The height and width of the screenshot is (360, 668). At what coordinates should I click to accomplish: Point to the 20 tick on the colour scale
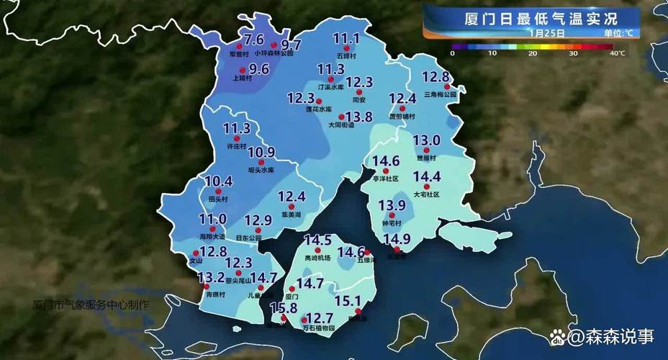pos(533,53)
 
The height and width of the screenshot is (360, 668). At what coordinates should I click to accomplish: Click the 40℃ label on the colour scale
pos(616,53)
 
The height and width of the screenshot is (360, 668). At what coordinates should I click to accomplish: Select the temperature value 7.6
pos(254,40)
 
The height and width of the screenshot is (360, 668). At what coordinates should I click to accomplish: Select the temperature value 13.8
pos(358,117)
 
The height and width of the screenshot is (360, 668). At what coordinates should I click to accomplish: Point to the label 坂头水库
pos(261,171)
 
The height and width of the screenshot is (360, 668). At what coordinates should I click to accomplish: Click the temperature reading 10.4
pos(219,181)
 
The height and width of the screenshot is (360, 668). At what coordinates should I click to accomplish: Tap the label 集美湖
pos(290,215)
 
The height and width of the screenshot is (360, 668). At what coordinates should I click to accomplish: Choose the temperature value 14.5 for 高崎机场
pos(317,240)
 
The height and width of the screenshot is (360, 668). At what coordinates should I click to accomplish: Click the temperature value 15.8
pos(283,308)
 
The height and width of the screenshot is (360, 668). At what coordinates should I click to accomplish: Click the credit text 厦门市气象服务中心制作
pos(91,304)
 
